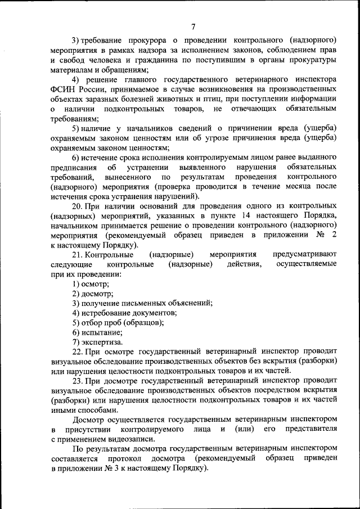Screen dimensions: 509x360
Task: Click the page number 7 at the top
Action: click(x=193, y=27)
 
